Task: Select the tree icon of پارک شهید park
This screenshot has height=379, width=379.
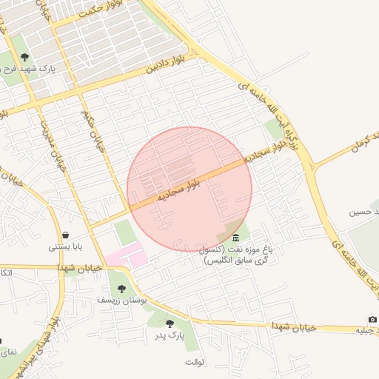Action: tap(25, 57)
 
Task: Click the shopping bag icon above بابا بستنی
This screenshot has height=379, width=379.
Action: tap(65, 235)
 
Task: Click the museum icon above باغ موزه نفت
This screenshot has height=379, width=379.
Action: tap(235, 237)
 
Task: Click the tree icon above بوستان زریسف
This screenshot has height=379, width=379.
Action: tap(122, 289)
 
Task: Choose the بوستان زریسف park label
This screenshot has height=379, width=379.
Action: tap(122, 300)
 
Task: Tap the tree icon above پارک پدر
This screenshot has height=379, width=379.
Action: tap(170, 323)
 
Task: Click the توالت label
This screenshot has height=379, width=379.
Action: tap(195, 361)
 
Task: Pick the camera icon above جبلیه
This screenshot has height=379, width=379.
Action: tap(372, 319)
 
